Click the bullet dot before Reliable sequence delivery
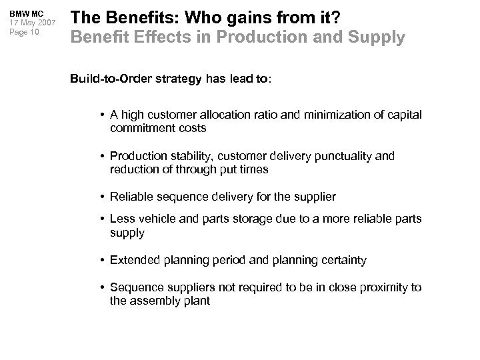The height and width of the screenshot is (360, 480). tap(103, 197)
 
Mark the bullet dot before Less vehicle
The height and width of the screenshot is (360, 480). tap(103, 219)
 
